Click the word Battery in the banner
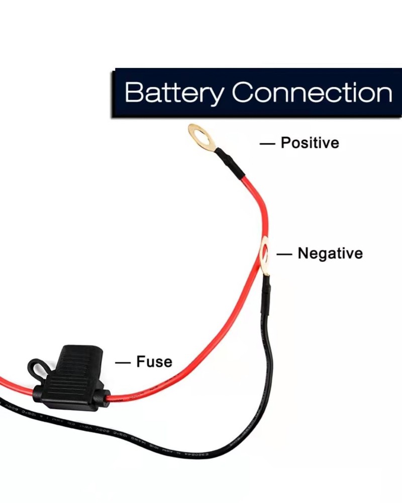[173, 93]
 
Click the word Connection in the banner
[312, 93]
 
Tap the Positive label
[310, 143]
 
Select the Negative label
[330, 253]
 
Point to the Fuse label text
[154, 362]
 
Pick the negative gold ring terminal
[264, 257]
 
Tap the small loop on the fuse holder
[37, 368]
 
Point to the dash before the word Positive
[267, 143]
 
